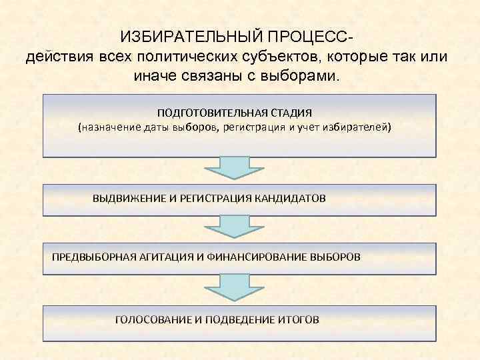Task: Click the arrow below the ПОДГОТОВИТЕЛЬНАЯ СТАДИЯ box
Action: click(x=235, y=168)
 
